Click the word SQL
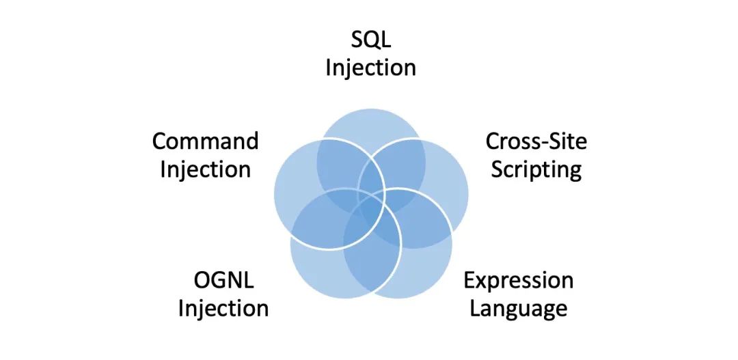coord(370,40)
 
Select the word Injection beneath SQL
coord(370,68)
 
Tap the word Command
coord(205,141)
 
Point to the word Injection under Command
coord(205,169)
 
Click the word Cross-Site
coord(536,141)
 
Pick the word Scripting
coord(536,169)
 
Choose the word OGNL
coord(223,281)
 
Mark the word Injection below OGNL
coord(223,308)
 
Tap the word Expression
coord(518,281)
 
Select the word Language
coord(518,308)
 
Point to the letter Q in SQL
coord(370,40)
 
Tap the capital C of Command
coord(159,141)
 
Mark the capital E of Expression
coord(469,281)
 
